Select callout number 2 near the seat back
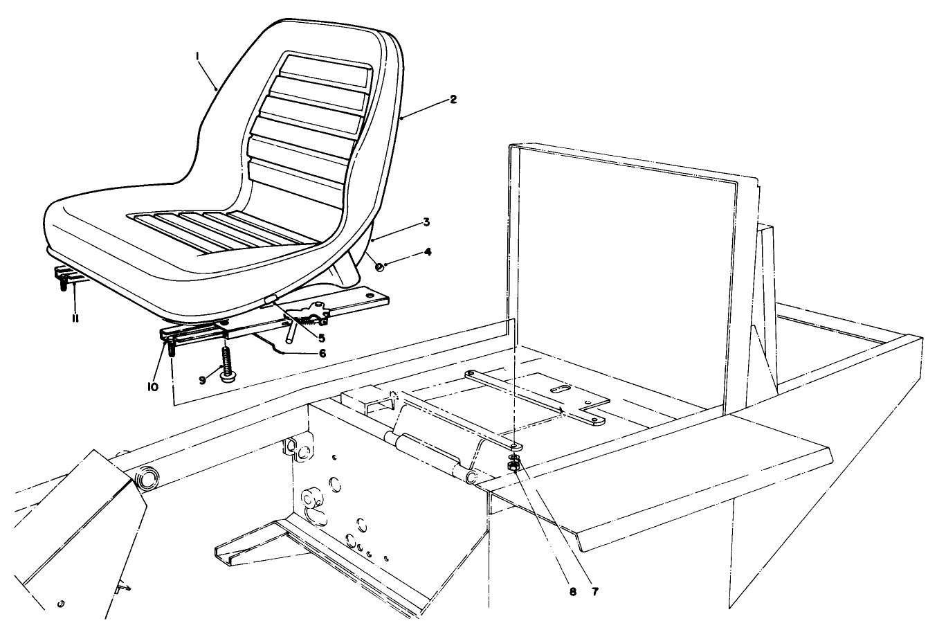coord(453,99)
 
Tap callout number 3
coord(427,223)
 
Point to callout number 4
coord(428,252)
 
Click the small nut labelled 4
coord(379,267)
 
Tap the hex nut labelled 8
coord(514,469)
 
